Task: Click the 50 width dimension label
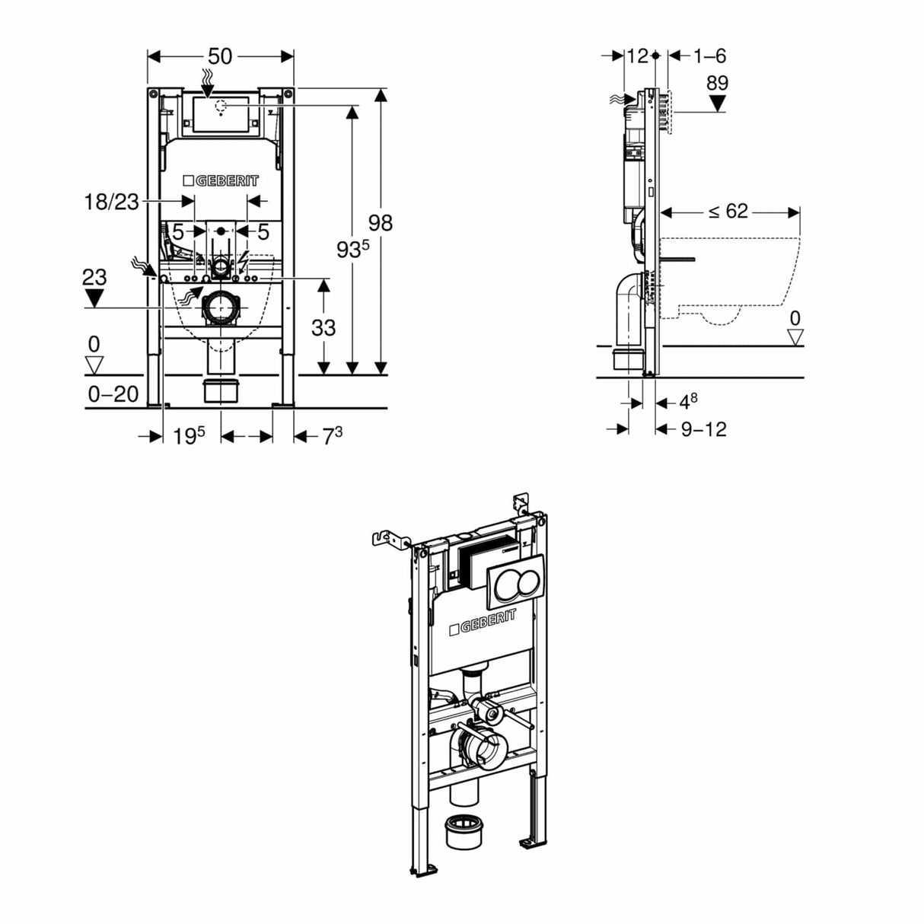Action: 220,56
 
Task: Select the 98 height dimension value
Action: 381,222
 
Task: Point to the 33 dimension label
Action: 323,327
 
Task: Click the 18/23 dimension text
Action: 111,202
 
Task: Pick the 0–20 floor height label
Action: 113,393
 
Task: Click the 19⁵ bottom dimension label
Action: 188,436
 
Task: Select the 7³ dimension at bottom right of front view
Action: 331,436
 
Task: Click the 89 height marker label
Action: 717,83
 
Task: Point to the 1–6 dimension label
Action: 709,56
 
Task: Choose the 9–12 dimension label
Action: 703,429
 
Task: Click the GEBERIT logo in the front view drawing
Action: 221,180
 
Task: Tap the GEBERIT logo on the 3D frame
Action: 483,622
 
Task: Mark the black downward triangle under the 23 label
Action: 94,298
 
